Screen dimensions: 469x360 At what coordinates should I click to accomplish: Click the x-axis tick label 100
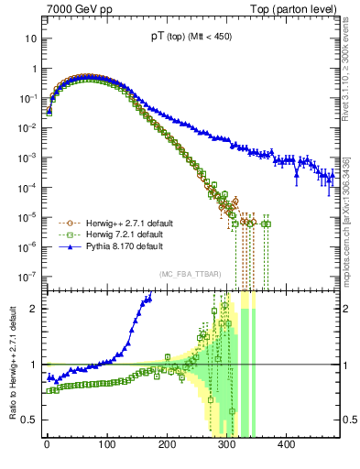(x=106, y=445)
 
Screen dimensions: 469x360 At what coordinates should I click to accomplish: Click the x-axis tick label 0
(x=47, y=445)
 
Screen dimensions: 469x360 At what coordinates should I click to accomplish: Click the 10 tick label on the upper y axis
(x=30, y=39)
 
